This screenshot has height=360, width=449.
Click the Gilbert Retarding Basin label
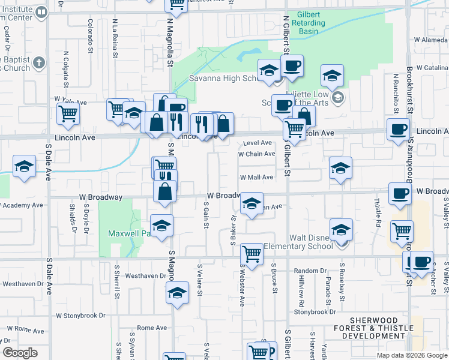pyautogui.click(x=308, y=23)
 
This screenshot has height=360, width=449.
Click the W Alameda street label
pyautogui.click(x=427, y=40)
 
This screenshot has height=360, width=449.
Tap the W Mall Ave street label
pyautogui.click(x=256, y=178)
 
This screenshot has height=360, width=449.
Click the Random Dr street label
pyautogui.click(x=310, y=271)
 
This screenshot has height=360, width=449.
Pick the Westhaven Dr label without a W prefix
pyautogui.click(x=146, y=276)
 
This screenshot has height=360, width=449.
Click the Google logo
pyautogui.click(x=20, y=353)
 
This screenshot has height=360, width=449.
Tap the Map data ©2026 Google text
pyautogui.click(x=411, y=355)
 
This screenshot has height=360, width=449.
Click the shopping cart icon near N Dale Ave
pyautogui.click(x=68, y=113)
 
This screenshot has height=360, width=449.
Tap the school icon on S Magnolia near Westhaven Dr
pyautogui.click(x=177, y=293)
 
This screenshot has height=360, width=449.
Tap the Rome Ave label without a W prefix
pyautogui.click(x=152, y=328)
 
